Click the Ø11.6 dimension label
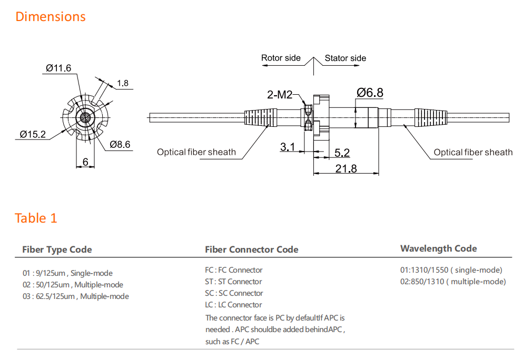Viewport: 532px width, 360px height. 58,68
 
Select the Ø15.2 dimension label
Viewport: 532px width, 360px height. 33,134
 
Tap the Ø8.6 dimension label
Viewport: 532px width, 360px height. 120,144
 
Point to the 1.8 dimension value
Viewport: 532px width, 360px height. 123,83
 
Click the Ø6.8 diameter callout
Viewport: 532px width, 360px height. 370,93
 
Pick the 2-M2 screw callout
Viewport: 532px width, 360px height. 280,95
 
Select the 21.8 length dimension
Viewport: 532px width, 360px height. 346,168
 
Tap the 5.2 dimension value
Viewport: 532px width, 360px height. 342,153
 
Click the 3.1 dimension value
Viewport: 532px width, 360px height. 288,147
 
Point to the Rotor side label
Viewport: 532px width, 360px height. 281,58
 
